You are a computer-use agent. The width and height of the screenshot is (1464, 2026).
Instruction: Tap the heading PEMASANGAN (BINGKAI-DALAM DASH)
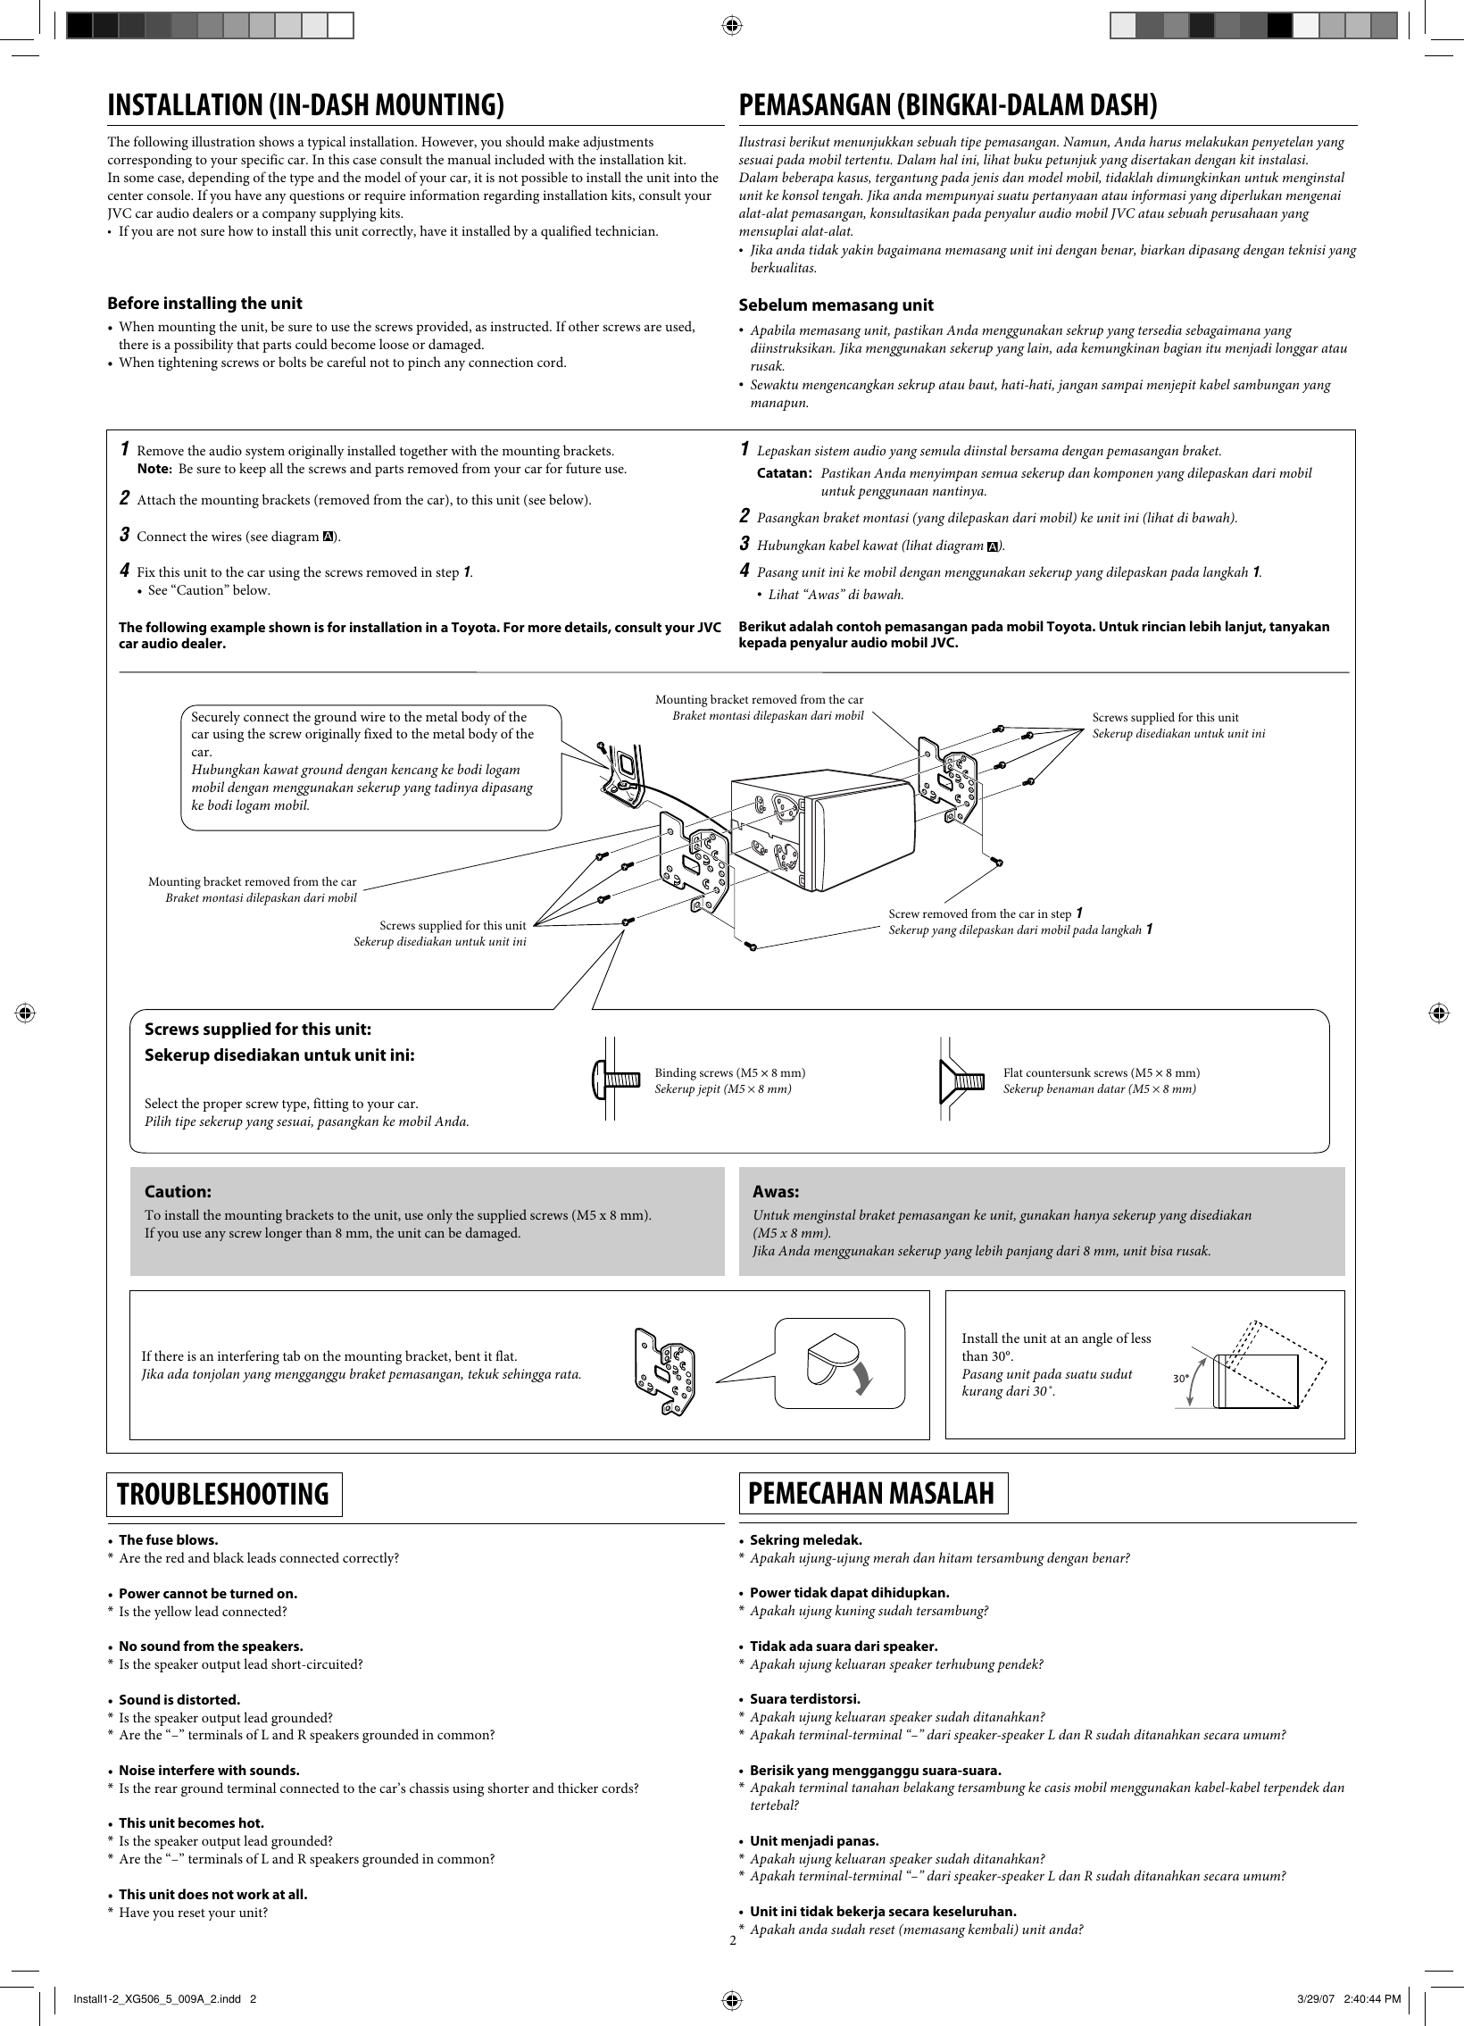[x=948, y=105]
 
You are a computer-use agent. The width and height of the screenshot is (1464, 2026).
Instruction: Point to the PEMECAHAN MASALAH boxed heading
[x=873, y=1493]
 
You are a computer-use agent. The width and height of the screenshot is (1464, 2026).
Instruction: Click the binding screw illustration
[x=616, y=1080]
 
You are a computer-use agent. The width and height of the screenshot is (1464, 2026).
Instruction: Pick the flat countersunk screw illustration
[x=962, y=1080]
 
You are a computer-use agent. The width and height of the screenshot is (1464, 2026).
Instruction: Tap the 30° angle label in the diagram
[x=1180, y=1379]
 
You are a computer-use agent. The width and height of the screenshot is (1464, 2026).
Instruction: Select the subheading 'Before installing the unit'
[x=204, y=303]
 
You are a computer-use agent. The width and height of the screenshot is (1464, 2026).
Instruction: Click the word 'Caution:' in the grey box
[x=178, y=1192]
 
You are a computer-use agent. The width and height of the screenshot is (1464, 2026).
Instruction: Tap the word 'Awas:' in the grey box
[x=776, y=1192]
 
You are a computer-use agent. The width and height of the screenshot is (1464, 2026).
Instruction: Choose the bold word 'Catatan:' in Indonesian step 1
[x=784, y=472]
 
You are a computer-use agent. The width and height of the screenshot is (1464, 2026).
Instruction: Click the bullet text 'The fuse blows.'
[x=168, y=1540]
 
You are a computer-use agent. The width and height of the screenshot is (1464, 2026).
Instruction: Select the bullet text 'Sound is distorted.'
[x=179, y=1699]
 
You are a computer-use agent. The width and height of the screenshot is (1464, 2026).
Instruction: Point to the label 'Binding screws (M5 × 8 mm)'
[x=729, y=1072]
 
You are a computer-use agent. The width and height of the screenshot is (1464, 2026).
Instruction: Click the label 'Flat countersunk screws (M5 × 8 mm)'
[x=1101, y=1072]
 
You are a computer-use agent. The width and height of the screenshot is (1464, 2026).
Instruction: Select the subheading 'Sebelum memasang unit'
[x=836, y=304]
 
